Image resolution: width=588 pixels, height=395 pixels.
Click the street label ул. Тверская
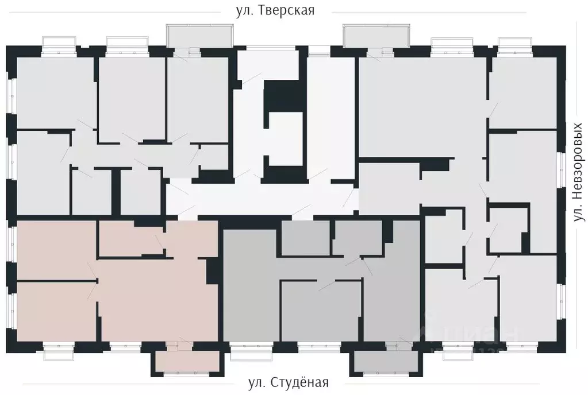(275, 11)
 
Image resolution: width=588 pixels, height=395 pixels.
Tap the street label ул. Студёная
(288, 382)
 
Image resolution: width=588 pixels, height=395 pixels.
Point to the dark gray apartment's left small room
(305, 237)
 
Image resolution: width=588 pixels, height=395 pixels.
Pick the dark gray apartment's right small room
(358, 237)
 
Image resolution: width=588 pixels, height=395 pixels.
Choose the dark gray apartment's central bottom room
(321, 310)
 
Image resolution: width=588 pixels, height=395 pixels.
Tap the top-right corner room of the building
(523, 92)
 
